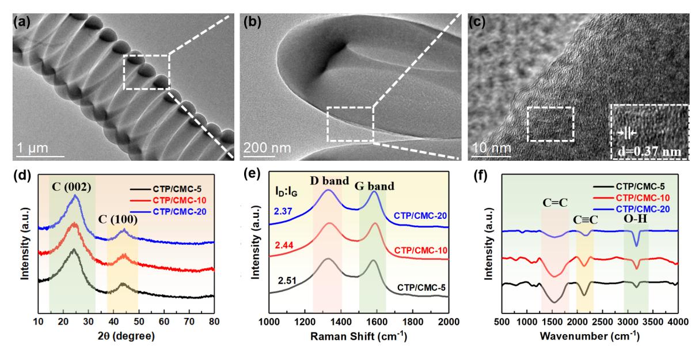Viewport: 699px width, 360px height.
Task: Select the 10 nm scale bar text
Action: [x=488, y=147]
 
